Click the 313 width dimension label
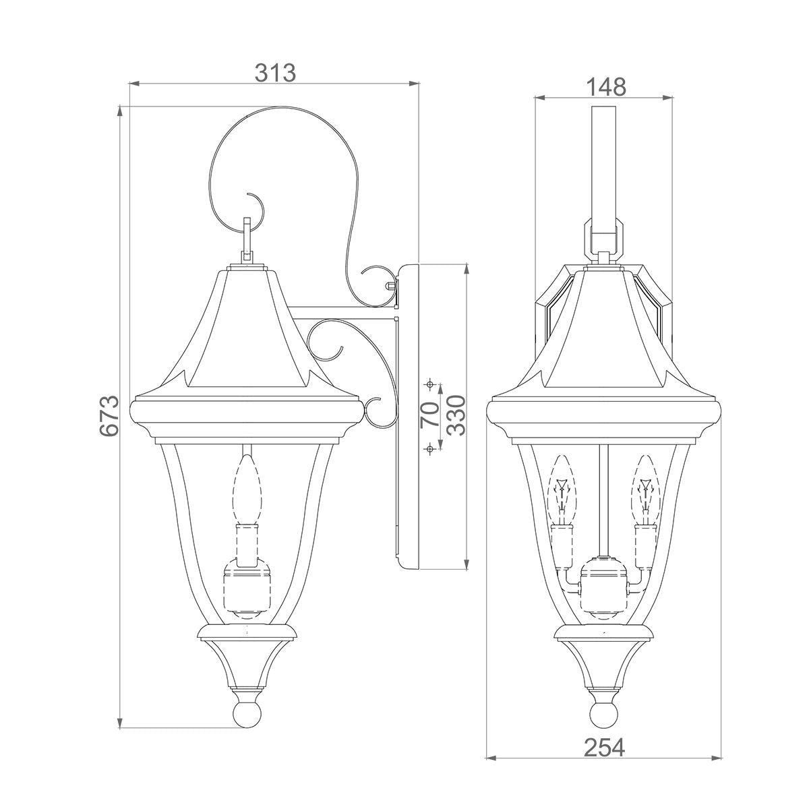(x=275, y=72)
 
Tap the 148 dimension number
(x=605, y=87)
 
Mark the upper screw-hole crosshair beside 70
(x=429, y=385)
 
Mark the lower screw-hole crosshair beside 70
(x=429, y=448)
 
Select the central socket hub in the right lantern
(x=604, y=580)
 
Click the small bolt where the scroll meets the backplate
(x=390, y=285)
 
